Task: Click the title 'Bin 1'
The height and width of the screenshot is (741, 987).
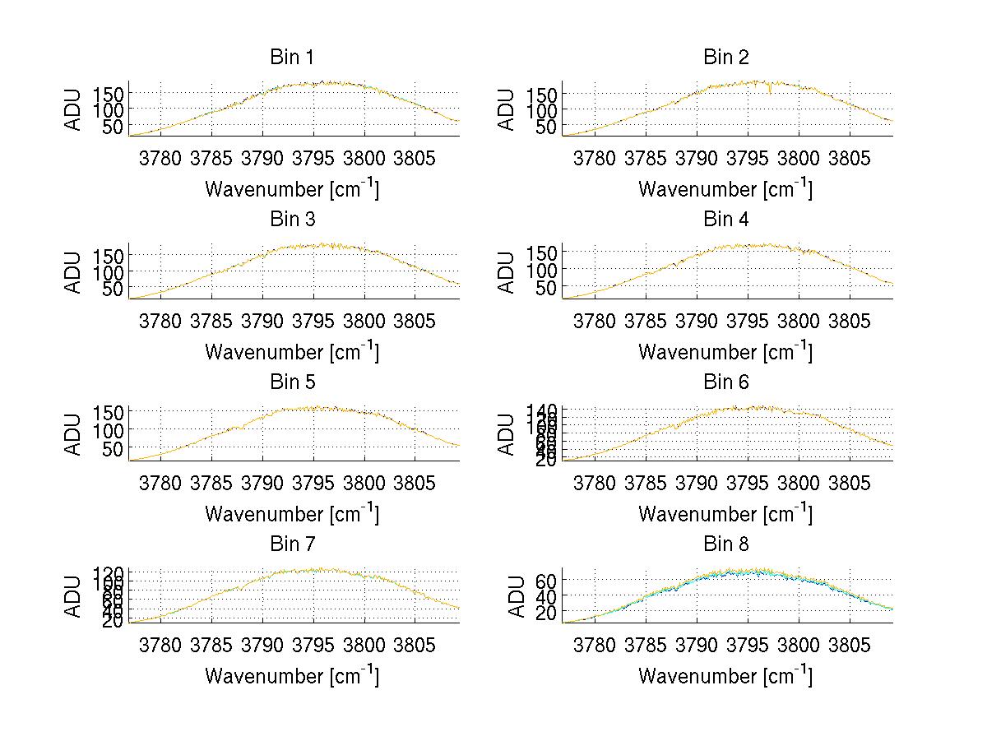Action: tap(291, 58)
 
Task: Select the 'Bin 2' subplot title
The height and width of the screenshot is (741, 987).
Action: tap(725, 58)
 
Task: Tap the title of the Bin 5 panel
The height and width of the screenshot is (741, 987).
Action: tap(291, 382)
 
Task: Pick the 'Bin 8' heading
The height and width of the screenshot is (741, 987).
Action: tap(725, 544)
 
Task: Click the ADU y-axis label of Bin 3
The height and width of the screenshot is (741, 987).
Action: tap(74, 271)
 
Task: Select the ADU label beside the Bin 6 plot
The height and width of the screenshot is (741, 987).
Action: tap(507, 433)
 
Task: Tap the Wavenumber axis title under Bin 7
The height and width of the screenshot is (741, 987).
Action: tap(291, 675)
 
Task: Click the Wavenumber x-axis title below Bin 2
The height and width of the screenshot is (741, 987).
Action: tap(725, 188)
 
